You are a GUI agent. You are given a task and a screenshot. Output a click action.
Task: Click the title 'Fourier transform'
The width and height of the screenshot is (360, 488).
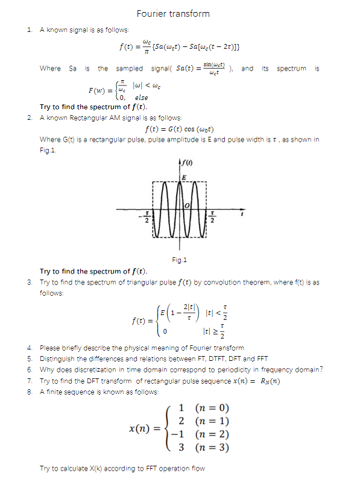pos(173,13)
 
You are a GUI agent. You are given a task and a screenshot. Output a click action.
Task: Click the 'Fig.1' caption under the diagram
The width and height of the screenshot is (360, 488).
pos(180,260)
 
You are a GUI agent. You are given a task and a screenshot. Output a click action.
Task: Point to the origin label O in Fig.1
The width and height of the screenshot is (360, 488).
pos(187,206)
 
